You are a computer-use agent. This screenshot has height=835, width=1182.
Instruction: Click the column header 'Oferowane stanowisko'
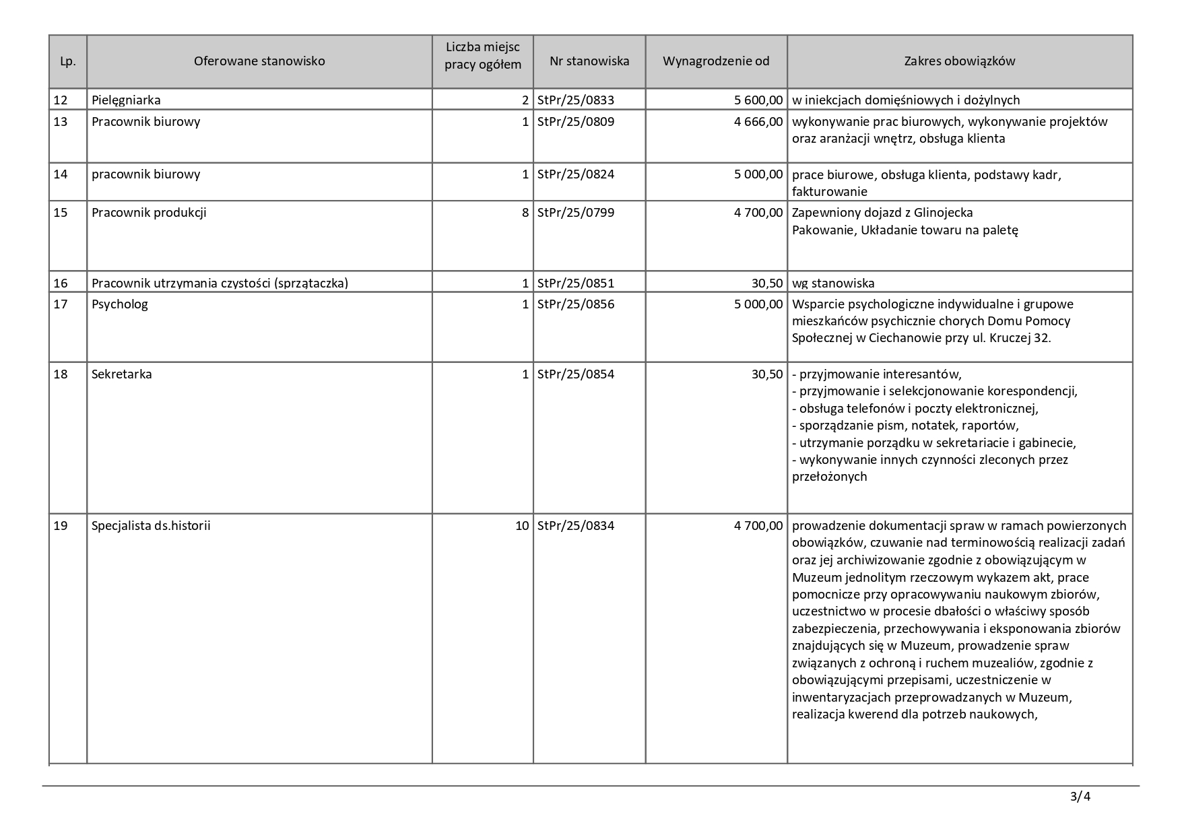259,61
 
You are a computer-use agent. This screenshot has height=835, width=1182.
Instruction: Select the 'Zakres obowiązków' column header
959,61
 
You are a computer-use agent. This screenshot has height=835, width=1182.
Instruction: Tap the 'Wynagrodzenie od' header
716,61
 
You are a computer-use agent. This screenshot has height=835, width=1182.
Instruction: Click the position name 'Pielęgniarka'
126,100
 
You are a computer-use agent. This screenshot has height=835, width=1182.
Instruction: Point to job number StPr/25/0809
576,122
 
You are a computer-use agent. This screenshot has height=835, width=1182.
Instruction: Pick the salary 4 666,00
758,122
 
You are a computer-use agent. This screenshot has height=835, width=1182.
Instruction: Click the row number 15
61,213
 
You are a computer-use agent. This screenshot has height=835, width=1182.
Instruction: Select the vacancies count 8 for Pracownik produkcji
525,213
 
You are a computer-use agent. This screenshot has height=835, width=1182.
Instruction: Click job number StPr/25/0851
576,283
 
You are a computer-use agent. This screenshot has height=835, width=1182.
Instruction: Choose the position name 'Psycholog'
120,304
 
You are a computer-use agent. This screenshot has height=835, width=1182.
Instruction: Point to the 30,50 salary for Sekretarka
767,374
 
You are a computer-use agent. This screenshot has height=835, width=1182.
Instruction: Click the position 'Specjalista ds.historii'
151,526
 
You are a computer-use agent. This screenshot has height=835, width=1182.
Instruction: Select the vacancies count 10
522,526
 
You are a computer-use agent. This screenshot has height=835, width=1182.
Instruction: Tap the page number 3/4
1080,797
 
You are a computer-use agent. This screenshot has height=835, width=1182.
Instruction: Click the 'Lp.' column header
67,61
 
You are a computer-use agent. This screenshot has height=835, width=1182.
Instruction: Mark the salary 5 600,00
758,100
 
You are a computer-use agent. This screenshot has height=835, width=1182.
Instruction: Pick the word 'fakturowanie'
829,192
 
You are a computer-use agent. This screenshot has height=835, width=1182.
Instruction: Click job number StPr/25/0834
576,526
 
